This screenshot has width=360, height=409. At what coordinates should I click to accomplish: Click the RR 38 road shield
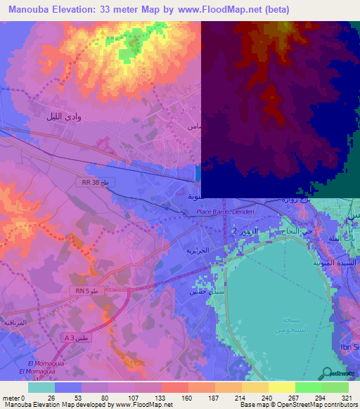coord(94,182)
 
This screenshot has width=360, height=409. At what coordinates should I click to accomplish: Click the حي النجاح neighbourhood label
coord(296,231)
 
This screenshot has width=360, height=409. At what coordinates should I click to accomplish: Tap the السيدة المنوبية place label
coord(335,262)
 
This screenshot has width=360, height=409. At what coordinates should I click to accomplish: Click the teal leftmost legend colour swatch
coord(41,387)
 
